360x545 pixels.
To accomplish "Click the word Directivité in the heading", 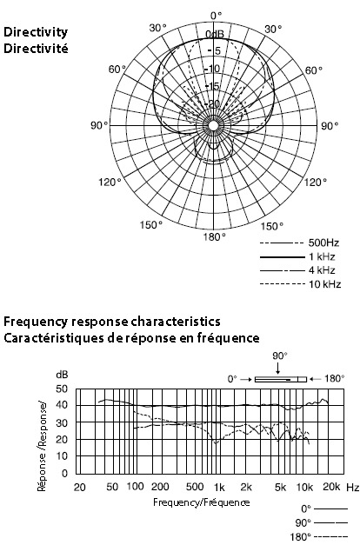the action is [x=36, y=49].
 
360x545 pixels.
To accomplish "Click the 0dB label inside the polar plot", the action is [x=215, y=34].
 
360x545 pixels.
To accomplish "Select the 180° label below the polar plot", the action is [x=215, y=237].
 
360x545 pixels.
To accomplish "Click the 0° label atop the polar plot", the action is [x=216, y=16].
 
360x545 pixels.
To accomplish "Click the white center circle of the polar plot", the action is [x=214, y=125].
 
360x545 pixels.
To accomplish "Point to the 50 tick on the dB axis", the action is [x=62, y=389].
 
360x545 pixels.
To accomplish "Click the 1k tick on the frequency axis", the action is [x=219, y=488].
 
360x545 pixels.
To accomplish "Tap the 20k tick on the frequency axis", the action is [x=330, y=487].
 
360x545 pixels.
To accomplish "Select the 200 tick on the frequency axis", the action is [x=160, y=487].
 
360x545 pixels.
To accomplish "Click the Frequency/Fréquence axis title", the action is [x=202, y=502].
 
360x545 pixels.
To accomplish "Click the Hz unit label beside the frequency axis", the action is [x=353, y=488].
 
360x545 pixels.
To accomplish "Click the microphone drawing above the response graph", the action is [x=281, y=379].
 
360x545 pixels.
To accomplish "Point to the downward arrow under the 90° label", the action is [x=278, y=368].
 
